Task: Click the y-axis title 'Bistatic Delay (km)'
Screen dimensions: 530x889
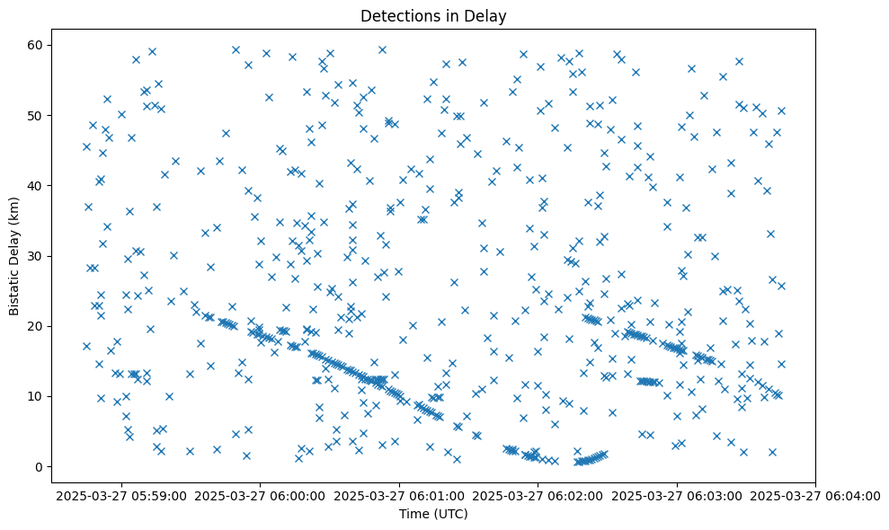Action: [x=14, y=255]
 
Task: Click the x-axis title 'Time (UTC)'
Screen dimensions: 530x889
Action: [x=434, y=515]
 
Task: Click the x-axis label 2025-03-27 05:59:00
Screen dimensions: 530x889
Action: [x=122, y=495]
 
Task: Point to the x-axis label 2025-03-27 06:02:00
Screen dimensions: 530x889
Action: [x=538, y=495]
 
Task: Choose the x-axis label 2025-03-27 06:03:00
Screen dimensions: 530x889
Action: [x=676, y=495]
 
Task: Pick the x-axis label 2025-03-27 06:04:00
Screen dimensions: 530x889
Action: [x=814, y=495]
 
